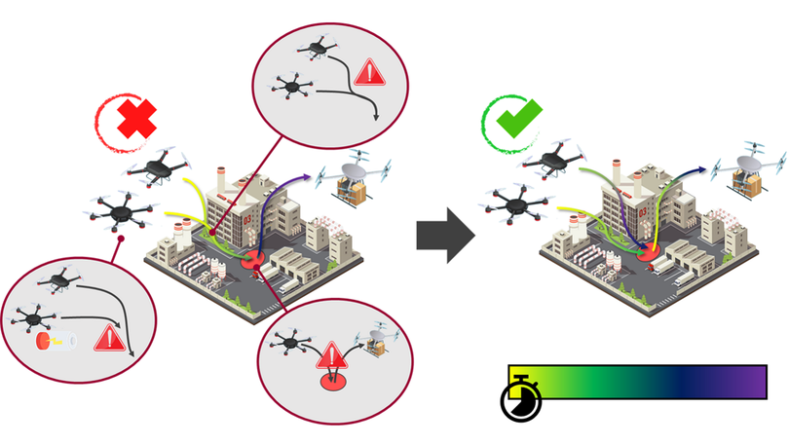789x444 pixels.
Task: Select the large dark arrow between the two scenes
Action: point(445,235)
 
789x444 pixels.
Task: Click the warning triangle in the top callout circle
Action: point(368,71)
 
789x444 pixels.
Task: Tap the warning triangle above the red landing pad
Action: point(334,351)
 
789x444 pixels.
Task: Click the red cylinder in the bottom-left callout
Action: point(45,342)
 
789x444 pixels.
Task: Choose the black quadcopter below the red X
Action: point(158,166)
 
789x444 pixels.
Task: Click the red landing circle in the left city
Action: point(253,261)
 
